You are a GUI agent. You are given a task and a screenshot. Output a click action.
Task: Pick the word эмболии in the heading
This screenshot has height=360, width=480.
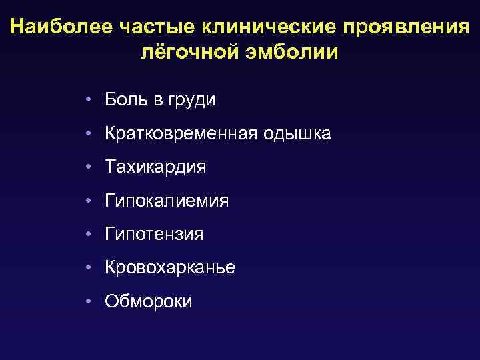[x=293, y=52]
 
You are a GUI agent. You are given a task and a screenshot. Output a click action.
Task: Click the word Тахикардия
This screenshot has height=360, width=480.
[x=155, y=167]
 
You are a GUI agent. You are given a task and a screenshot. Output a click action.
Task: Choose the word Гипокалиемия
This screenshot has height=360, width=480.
[x=167, y=201]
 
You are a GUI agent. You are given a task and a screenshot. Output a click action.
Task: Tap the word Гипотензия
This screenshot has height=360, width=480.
[x=154, y=234]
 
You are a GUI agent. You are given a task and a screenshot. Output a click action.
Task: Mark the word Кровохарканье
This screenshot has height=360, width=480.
[x=170, y=267]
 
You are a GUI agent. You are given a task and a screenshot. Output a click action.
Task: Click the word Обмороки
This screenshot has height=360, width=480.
[x=149, y=301]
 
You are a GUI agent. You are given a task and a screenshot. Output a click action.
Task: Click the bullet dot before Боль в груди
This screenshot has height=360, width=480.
[x=88, y=101]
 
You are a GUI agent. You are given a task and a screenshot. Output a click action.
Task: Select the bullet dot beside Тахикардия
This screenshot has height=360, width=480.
[x=88, y=167]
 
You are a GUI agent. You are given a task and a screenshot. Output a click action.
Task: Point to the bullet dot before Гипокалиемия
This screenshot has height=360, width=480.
[x=88, y=201]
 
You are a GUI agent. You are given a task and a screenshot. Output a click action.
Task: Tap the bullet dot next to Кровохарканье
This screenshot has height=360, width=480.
[x=88, y=267]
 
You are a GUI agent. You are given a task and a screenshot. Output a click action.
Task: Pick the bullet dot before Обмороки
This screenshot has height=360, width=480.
[x=88, y=301]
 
